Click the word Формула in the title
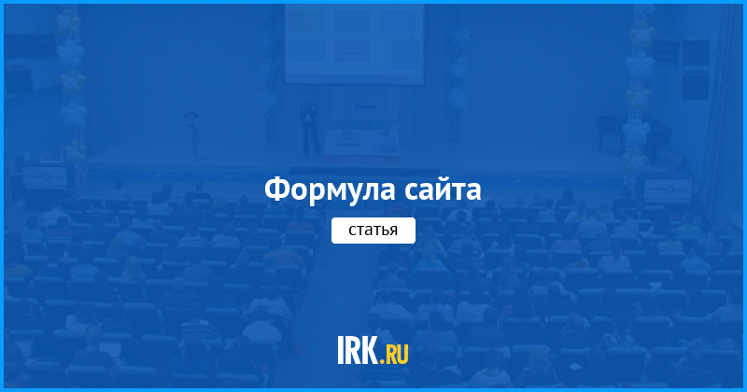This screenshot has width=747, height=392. coord(330,190)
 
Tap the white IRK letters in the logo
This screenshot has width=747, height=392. coord(359,350)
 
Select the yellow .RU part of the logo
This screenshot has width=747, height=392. coord(395,355)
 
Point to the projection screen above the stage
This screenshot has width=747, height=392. coord(355,44)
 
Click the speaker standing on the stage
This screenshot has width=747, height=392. coord(310,125)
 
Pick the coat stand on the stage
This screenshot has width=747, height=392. coord(193,136)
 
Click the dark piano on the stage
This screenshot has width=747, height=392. coord(634,134)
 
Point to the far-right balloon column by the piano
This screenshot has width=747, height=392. coord(637,91)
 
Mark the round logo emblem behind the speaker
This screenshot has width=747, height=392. coord(364,107)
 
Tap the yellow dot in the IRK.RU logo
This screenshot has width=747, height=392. coord(382,361)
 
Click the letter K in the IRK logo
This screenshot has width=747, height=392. coord(370,350)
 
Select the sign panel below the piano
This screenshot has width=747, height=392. coord(668,190)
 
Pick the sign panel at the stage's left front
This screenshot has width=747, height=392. coord(45,177)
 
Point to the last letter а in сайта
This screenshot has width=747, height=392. coord(473,193)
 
